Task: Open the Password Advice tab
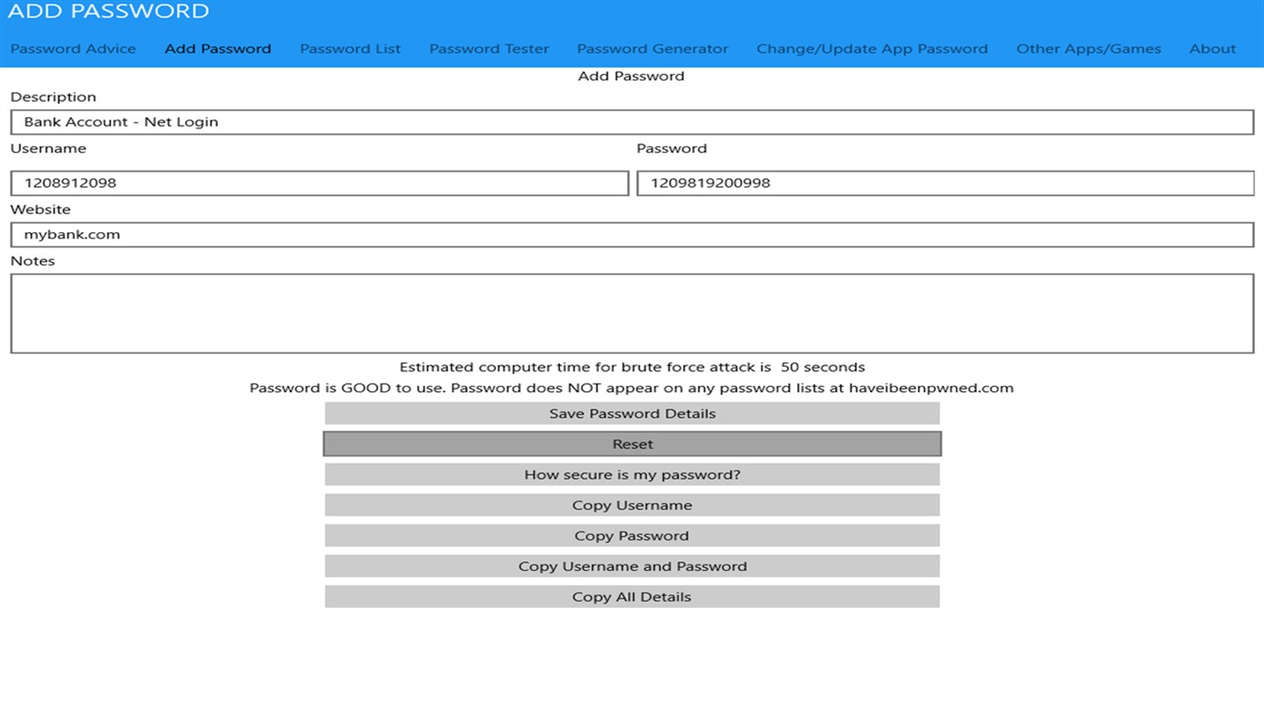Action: pos(73,49)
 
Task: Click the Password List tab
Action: pos(350,49)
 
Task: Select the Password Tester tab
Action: pos(489,49)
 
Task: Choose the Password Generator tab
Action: pos(652,49)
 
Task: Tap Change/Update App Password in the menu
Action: pos(872,49)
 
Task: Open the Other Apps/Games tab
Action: pos(1088,49)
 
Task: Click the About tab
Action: pos(1213,49)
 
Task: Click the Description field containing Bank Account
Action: pos(632,122)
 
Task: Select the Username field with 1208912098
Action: pos(319,183)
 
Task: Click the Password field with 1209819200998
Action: pos(945,183)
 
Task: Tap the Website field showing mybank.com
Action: pos(632,235)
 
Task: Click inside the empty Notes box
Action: pos(632,313)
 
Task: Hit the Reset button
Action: pos(632,444)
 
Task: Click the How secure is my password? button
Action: pos(632,475)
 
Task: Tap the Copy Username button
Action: pos(632,506)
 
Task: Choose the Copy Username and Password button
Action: pos(632,566)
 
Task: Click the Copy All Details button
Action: pos(632,597)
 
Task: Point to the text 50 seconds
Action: pos(822,368)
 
